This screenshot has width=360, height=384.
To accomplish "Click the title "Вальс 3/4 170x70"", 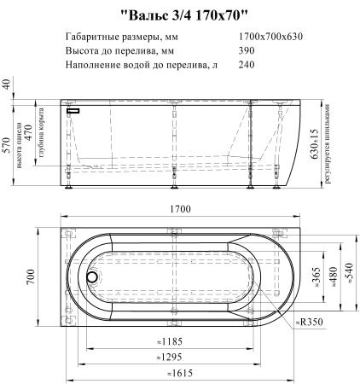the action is click(x=183, y=15).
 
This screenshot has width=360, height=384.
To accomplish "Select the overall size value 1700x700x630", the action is click(x=270, y=37).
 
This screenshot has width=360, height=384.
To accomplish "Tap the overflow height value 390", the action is click(x=247, y=50).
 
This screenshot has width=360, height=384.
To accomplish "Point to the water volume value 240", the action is click(x=247, y=65).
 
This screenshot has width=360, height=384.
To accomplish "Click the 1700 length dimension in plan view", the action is click(x=180, y=209).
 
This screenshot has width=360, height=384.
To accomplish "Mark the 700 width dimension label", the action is click(x=31, y=276).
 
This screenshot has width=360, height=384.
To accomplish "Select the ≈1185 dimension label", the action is click(x=170, y=341).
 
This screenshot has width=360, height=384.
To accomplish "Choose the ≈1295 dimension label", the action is click(x=170, y=357).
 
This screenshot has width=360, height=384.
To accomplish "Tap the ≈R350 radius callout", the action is click(x=310, y=322).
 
